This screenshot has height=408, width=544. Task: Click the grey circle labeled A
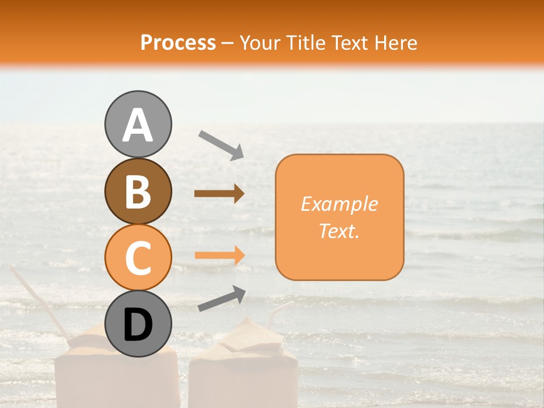point(138,125)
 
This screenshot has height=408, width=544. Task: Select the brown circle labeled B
point(138,191)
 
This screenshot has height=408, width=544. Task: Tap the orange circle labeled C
point(138,257)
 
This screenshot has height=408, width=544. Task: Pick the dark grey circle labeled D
point(138,324)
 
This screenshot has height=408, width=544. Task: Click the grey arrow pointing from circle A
point(221,144)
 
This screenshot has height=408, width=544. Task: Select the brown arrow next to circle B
point(219,194)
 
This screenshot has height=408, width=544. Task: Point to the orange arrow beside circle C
point(219,255)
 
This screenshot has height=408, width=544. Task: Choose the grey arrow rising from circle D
point(222,299)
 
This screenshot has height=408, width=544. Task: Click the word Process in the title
point(178,43)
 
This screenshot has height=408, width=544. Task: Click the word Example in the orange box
point(339,204)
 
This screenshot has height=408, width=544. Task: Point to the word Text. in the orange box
point(339,231)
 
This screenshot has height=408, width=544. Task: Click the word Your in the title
point(261,43)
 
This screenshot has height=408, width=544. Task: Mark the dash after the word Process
point(228,43)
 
